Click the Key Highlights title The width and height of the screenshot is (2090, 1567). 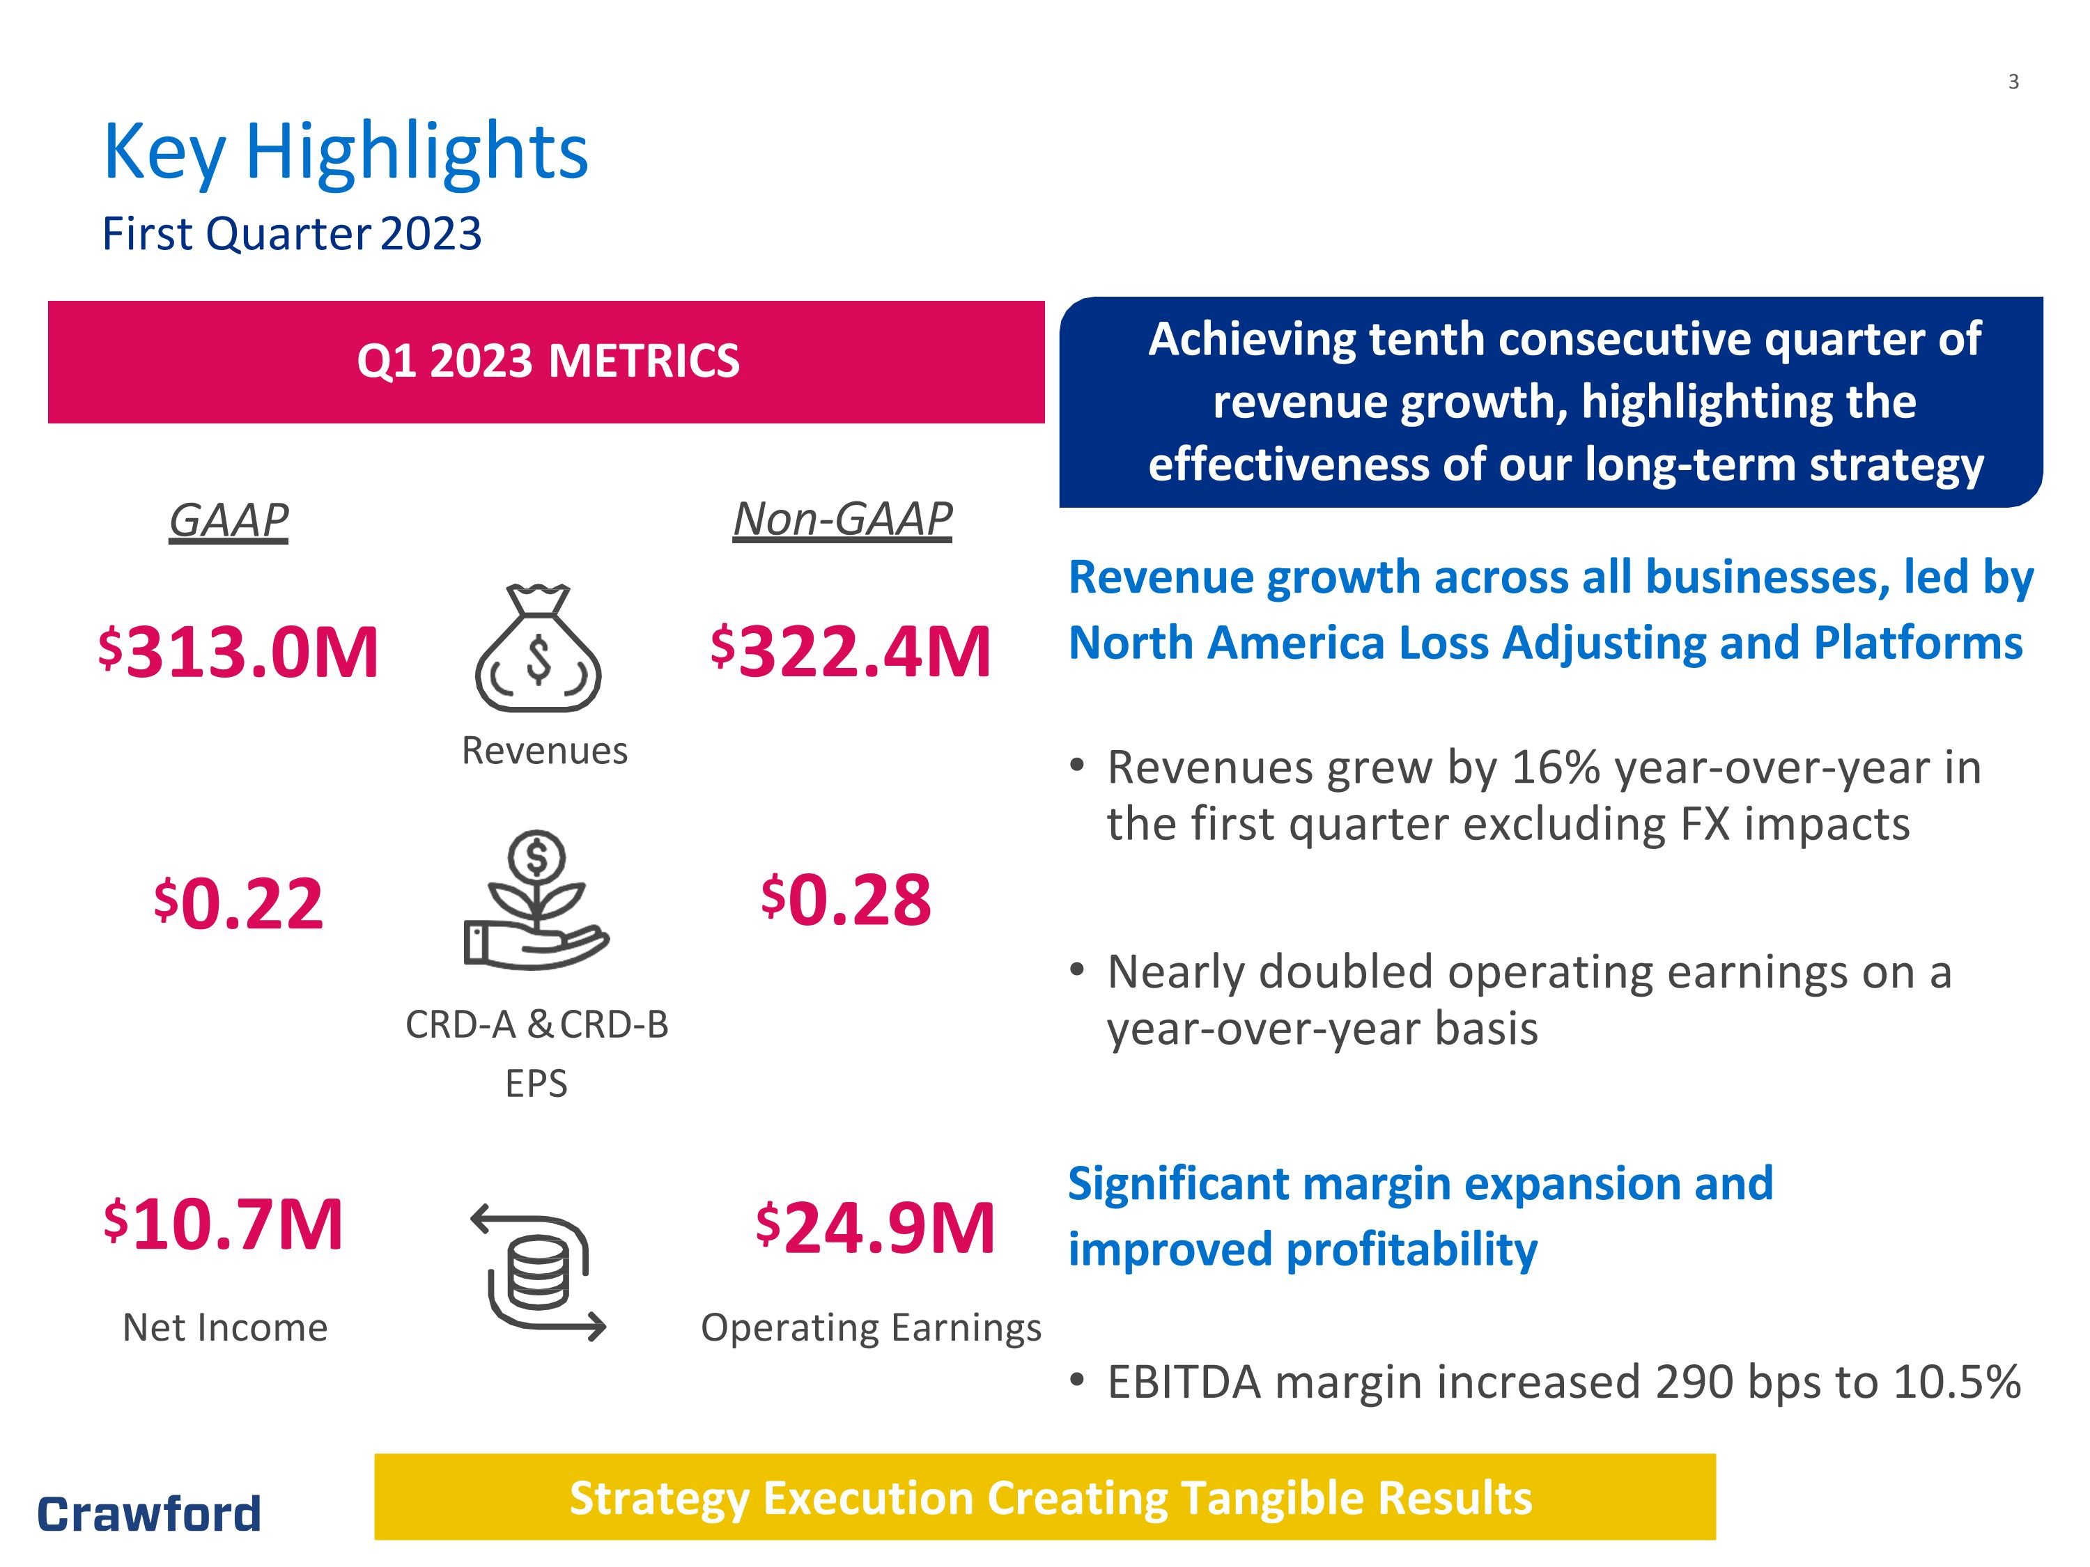click(x=345, y=153)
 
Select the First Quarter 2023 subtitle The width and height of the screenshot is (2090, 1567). click(x=292, y=233)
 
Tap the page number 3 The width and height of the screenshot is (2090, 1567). click(x=2013, y=82)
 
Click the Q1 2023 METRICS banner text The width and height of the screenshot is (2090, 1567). click(x=548, y=361)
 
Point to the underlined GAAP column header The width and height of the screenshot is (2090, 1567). click(x=229, y=520)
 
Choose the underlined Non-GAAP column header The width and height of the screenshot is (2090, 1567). click(x=843, y=520)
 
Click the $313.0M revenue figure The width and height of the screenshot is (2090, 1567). click(x=238, y=652)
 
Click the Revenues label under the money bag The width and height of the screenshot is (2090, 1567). click(x=544, y=751)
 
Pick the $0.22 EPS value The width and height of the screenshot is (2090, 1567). click(x=238, y=904)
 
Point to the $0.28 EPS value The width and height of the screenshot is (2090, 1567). click(x=846, y=899)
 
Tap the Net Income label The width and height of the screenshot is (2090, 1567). click(x=225, y=1328)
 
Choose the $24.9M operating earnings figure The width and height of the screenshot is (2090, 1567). click(x=876, y=1228)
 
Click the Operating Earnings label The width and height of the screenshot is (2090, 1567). click(x=871, y=1329)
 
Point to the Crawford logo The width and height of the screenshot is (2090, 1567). click(x=149, y=1514)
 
